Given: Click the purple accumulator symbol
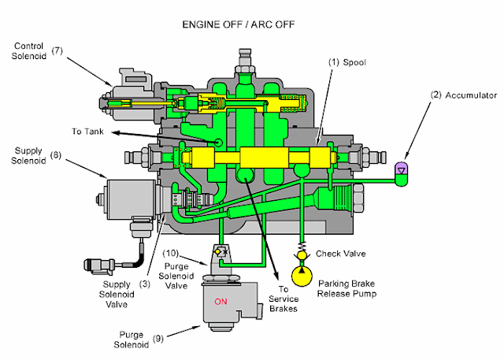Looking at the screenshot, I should (402, 168).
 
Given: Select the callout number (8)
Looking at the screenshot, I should (56, 157).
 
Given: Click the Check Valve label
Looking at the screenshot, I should (339, 254).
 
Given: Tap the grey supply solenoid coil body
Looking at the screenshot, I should (123, 199).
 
